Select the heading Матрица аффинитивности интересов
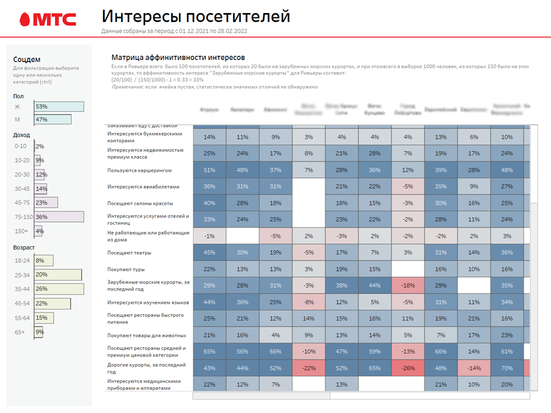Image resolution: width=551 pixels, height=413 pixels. pos(178,57)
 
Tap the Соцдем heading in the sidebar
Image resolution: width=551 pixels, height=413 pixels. pos(27,59)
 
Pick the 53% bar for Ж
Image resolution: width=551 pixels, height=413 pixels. pos(59,106)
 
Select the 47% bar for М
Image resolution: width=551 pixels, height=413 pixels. pos(53,119)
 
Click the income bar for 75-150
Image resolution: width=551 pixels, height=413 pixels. pos(59,216)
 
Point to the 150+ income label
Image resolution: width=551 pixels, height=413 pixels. pos(20,231)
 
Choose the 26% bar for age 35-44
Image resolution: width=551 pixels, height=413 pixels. pos(59,289)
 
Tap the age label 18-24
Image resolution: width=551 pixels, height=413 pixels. pos(21,260)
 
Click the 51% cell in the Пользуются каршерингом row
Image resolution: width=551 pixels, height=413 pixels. pos(209,170)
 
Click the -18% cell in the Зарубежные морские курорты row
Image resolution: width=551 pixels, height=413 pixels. pos(407,285)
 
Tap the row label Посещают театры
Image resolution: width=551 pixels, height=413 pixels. pos(129,253)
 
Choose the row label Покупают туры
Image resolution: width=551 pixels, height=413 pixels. pos(126,269)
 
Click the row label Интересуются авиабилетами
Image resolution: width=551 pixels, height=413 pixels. pos(144,186)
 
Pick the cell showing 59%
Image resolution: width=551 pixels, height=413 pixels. pos(374,351)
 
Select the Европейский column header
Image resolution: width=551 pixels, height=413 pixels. pos(440,109)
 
